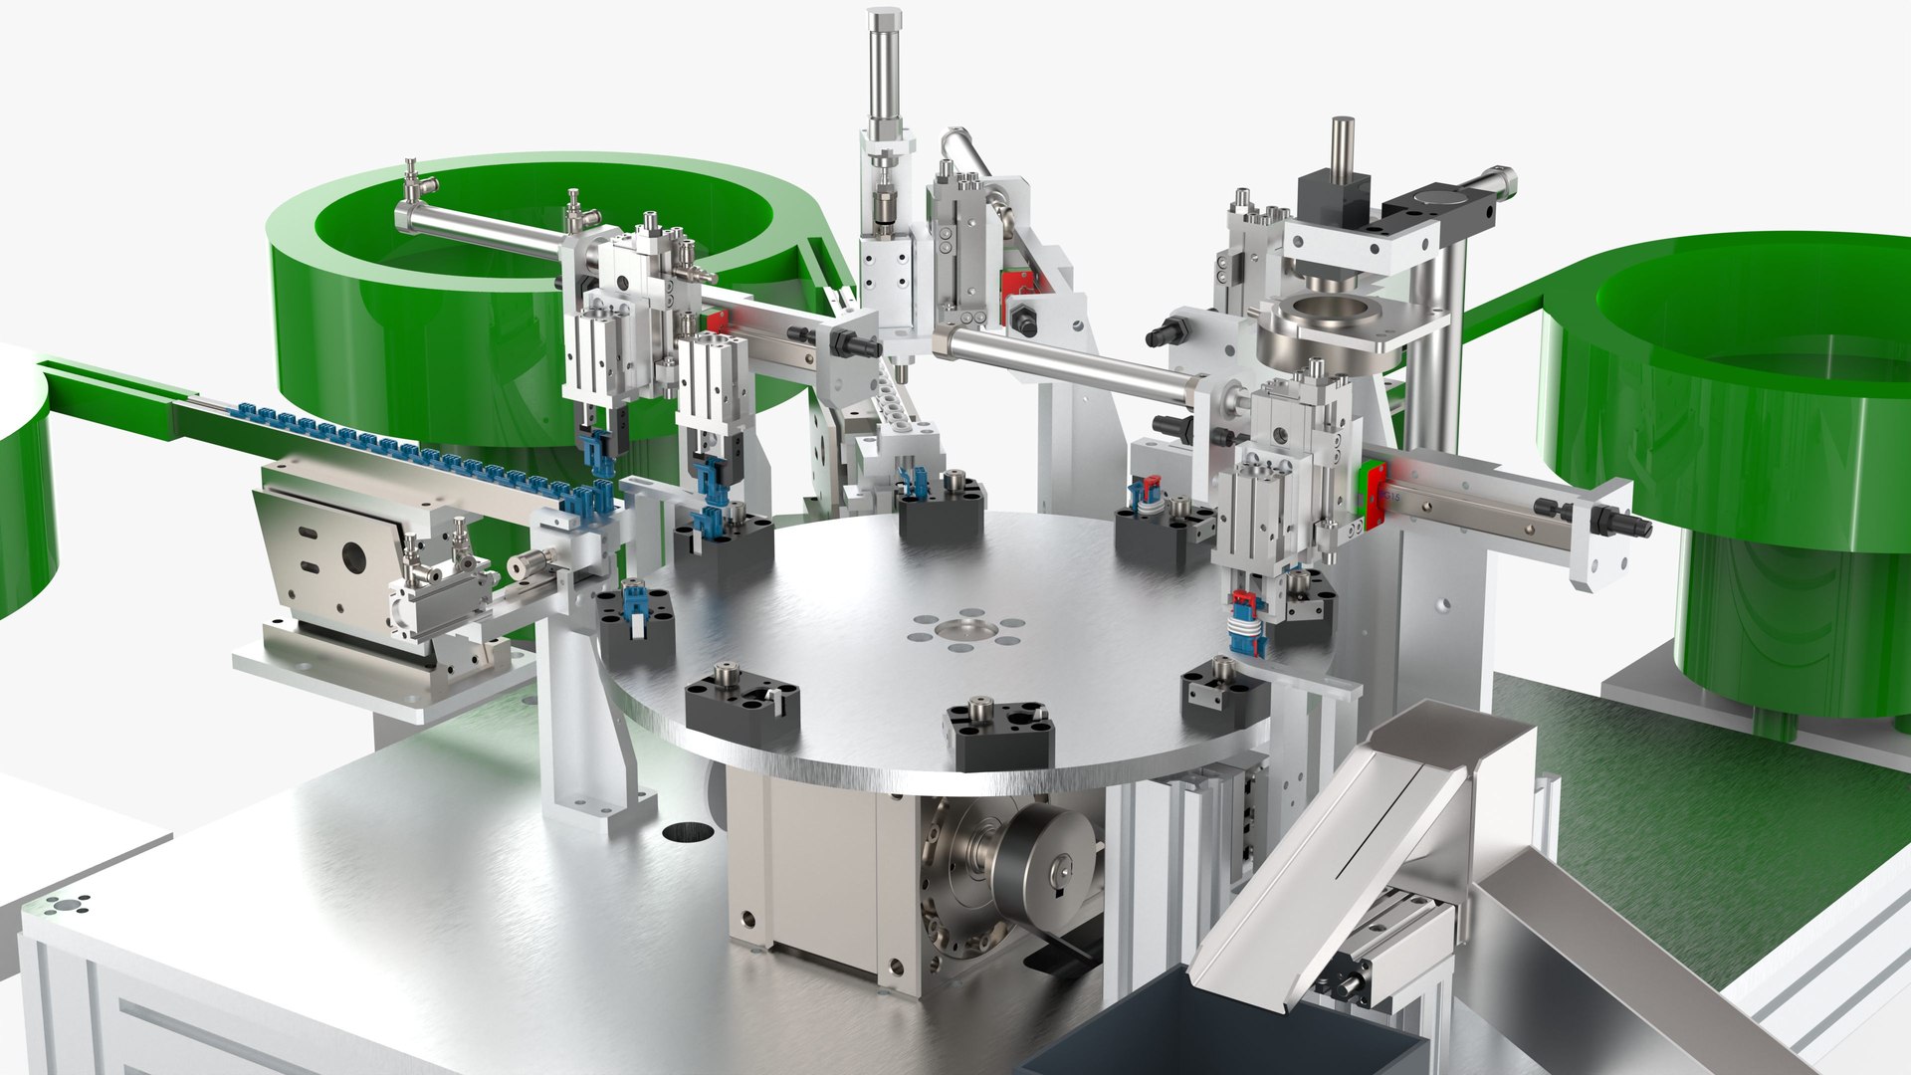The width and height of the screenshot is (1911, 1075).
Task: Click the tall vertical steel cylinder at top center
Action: [882, 70]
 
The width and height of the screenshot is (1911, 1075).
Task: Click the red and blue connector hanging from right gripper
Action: [1245, 623]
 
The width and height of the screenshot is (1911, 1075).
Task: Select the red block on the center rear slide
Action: [1014, 283]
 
